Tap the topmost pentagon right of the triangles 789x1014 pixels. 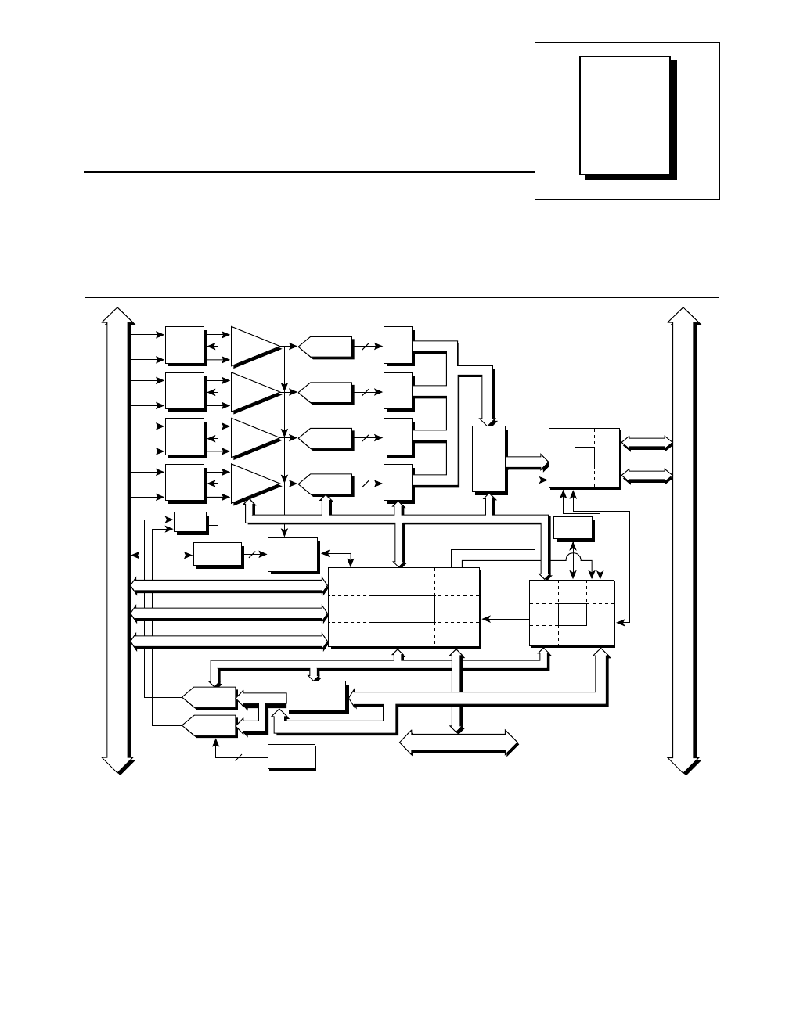[x=325, y=346]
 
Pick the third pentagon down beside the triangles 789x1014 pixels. [x=325, y=437]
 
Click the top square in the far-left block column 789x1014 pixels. [x=185, y=345]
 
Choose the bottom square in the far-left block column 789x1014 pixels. [x=185, y=483]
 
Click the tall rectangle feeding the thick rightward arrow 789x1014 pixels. [x=489, y=458]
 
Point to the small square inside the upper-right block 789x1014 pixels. [x=584, y=457]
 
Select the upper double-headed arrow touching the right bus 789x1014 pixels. [x=646, y=443]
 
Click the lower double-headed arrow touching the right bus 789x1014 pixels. [x=646, y=475]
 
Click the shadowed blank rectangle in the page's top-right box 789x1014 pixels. [x=625, y=114]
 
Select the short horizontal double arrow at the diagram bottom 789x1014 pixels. [x=459, y=742]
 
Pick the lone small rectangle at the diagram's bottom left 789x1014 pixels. [x=291, y=757]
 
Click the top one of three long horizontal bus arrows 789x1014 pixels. [x=229, y=584]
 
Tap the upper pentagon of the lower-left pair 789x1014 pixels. [x=208, y=696]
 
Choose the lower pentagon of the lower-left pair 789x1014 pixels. [x=208, y=725]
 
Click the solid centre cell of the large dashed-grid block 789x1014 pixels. [x=403, y=608]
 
